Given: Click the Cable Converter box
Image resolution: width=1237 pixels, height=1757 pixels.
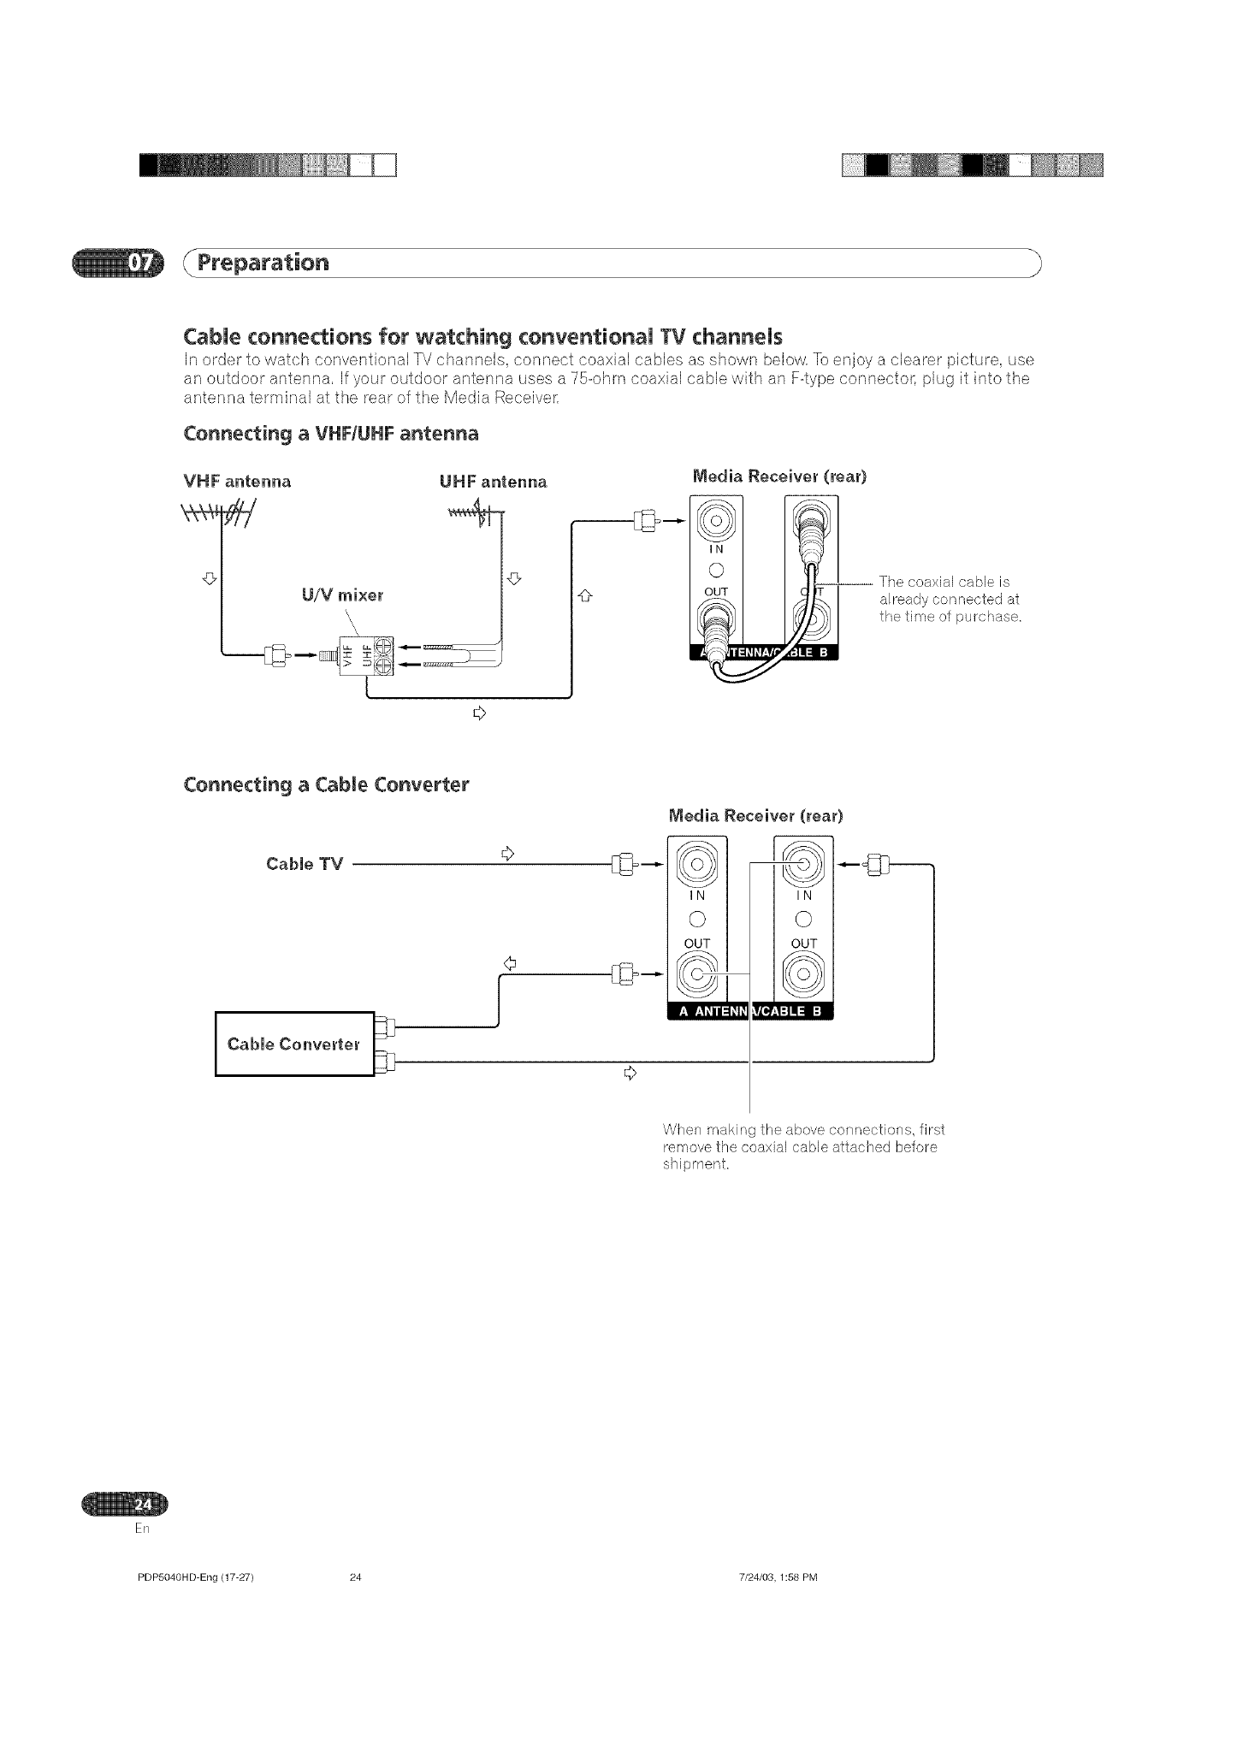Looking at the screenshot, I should pos(295,1044).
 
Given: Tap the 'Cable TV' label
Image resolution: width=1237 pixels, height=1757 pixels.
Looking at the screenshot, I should pos(305,864).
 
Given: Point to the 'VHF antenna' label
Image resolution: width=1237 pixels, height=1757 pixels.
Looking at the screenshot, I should pos(238,482).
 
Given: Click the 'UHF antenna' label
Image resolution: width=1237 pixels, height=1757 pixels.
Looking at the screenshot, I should pos(493,482).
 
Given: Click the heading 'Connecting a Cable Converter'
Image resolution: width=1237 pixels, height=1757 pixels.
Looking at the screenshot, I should pos(326,784).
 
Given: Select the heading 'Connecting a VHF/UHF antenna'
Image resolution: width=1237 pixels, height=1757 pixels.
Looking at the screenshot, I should pos(331,434).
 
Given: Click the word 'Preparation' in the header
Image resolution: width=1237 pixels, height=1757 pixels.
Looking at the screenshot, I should pos(263,263).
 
